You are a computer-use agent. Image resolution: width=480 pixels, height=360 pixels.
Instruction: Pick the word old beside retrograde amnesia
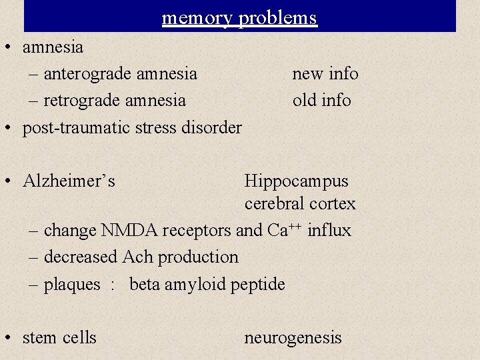[x=304, y=100]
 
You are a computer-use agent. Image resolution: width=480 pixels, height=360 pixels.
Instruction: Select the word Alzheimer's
[x=69, y=181]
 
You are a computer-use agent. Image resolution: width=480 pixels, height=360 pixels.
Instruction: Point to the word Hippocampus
[x=296, y=181]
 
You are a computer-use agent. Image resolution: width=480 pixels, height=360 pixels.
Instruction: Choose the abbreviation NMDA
[x=126, y=230]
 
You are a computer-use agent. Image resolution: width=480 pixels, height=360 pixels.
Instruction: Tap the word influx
[x=329, y=230]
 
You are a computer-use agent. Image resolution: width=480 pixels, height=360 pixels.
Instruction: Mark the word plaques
[x=72, y=285]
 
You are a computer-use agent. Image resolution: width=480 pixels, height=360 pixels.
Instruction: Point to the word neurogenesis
[x=293, y=338]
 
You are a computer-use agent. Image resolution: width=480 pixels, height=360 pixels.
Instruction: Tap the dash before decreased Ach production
[x=35, y=257]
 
